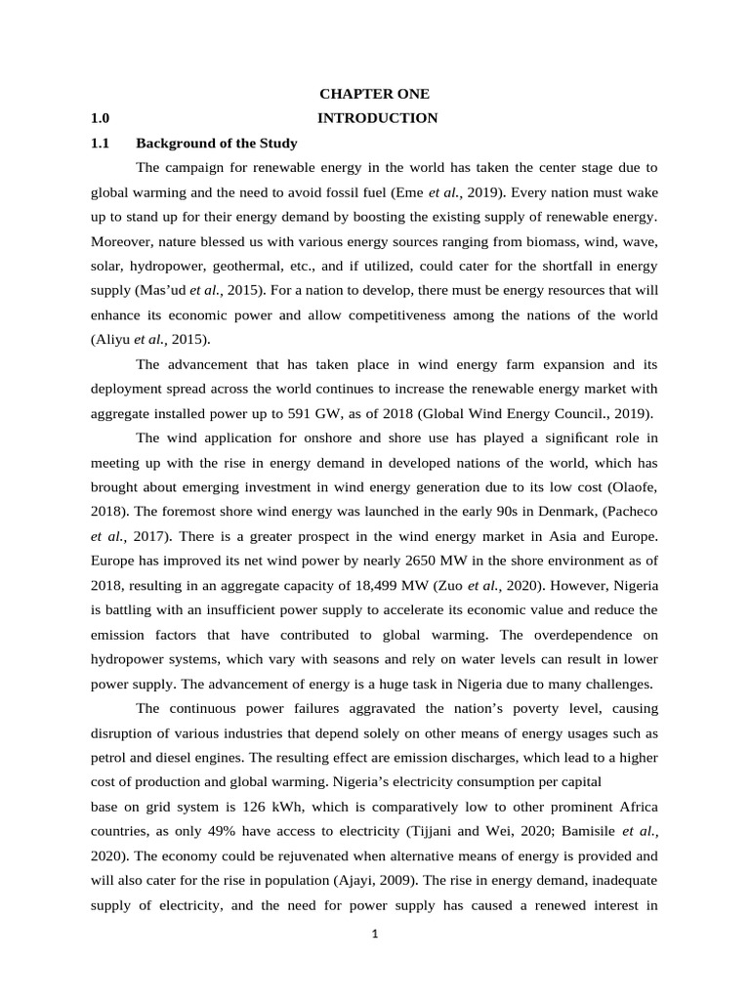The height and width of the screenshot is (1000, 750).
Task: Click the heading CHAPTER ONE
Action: pos(375,94)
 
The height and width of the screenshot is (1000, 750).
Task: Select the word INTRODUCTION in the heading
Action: pos(378,118)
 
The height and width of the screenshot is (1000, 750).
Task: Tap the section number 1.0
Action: pos(100,118)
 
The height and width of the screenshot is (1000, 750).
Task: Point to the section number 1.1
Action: pos(100,143)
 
